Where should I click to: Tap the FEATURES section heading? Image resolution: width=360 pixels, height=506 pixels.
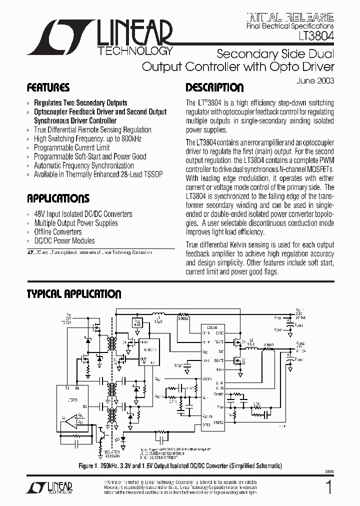[x=48, y=87]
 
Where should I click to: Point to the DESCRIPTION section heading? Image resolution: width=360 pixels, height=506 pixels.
[x=214, y=87]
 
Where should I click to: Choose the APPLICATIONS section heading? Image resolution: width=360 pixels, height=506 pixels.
[x=58, y=198]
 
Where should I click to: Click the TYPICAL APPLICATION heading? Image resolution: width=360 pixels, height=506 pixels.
[x=73, y=294]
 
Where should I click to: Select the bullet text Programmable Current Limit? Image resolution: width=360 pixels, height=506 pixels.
[x=71, y=147]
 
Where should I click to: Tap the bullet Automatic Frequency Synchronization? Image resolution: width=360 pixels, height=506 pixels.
[x=83, y=165]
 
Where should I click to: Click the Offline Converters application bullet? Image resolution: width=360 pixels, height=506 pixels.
[x=57, y=232]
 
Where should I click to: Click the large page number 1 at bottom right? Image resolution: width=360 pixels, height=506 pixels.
[x=328, y=487]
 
